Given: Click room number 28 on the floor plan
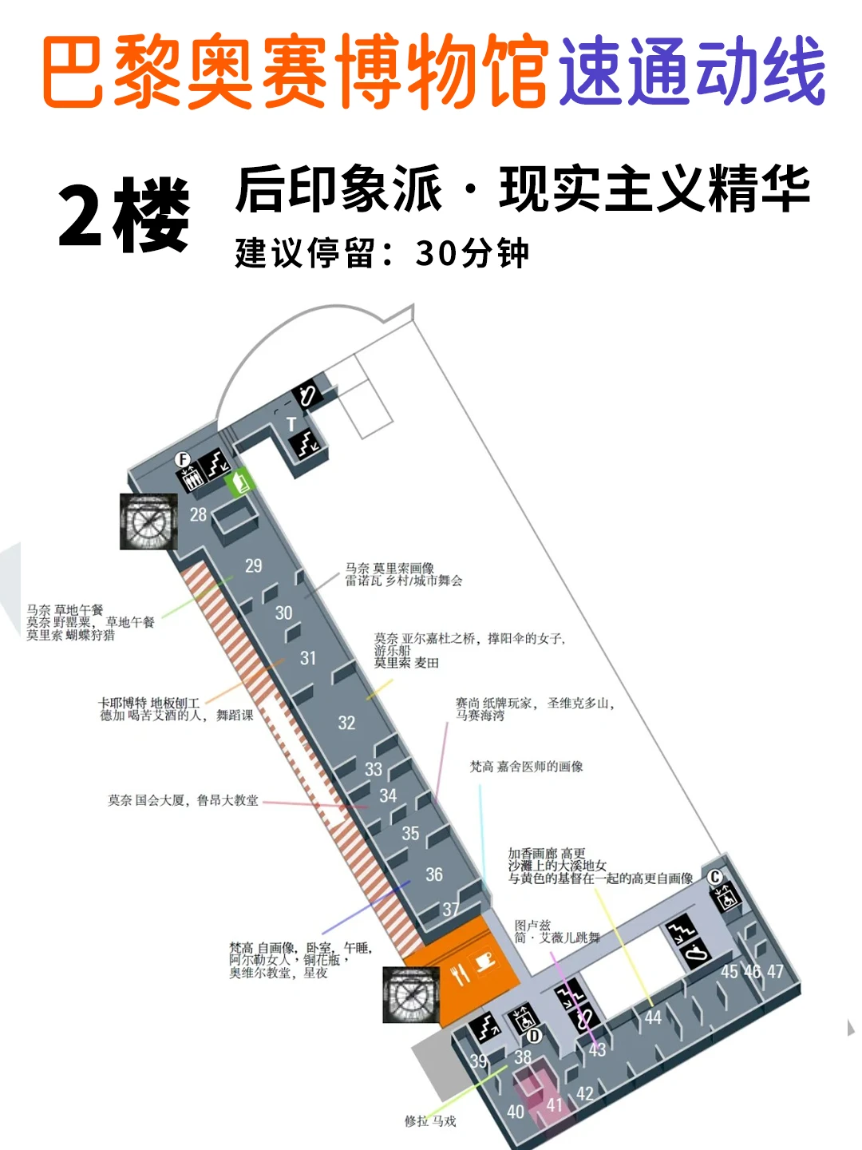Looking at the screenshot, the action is click(199, 515).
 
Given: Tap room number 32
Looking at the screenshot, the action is click(346, 724).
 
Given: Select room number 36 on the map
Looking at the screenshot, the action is click(434, 875).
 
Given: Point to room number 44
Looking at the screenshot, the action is click(654, 1017).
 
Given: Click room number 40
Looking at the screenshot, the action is click(516, 1112).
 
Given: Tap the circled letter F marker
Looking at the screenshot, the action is click(184, 460).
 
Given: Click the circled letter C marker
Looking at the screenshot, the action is click(715, 877).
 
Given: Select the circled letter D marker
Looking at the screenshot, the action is click(534, 1036).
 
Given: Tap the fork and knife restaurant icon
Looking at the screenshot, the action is click(461, 974).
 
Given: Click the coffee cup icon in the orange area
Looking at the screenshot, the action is click(484, 961).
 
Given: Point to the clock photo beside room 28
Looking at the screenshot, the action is click(148, 521).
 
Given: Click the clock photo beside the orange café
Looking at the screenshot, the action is click(411, 995).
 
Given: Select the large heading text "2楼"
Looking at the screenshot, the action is click(125, 214).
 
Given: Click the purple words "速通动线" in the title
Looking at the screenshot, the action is click(691, 72).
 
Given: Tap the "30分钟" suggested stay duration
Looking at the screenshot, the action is click(472, 254).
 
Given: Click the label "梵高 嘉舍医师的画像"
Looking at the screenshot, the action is click(527, 767).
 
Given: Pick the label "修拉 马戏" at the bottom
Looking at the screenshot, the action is click(430, 1121).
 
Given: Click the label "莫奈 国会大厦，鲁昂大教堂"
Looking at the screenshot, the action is click(184, 800).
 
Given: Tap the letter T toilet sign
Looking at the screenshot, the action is click(291, 424).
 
